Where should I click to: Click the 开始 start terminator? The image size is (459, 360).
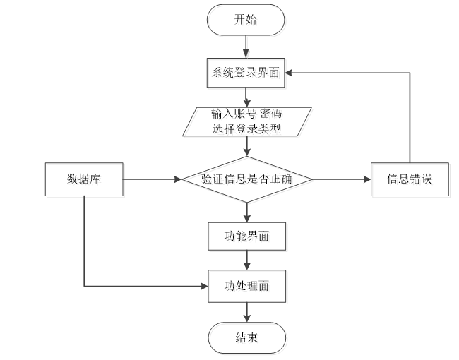[246, 20]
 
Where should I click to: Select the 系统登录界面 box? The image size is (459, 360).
[246, 73]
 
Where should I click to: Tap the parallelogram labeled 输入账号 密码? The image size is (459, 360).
[246, 121]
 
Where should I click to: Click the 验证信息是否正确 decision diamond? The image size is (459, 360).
[247, 179]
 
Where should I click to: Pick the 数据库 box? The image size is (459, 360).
[84, 179]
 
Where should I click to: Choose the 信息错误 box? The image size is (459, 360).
[410, 179]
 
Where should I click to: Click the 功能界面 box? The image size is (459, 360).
[246, 236]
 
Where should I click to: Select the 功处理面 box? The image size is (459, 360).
[246, 286]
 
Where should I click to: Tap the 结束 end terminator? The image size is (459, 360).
[246, 338]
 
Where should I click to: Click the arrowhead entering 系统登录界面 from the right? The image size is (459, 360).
[288, 73]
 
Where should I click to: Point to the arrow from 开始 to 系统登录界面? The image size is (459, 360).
[246, 47]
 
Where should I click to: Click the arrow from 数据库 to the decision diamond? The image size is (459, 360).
[153, 179]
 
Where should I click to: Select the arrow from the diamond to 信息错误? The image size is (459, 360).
[341, 179]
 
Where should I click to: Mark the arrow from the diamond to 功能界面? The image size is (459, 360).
[247, 212]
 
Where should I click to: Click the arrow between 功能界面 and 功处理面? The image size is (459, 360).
[247, 260]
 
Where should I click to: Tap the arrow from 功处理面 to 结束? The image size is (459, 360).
[247, 312]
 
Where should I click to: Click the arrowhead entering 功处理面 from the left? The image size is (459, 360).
[204, 286]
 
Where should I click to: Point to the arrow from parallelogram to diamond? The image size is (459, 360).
[247, 146]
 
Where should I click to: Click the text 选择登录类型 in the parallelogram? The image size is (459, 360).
[246, 128]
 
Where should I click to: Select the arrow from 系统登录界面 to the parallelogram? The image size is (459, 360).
[246, 97]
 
